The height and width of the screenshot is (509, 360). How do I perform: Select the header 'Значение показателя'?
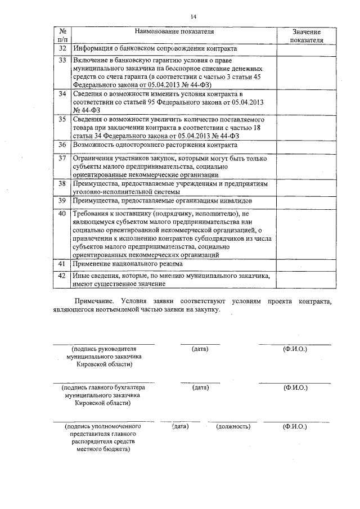click(x=306, y=35)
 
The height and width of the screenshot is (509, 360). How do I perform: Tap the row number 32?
click(x=63, y=49)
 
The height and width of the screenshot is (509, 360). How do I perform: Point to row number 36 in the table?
click(x=63, y=145)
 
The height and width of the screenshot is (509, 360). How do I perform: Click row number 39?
click(x=63, y=201)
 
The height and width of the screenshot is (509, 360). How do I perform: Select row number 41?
click(x=63, y=264)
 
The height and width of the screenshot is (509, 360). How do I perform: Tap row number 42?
click(x=63, y=276)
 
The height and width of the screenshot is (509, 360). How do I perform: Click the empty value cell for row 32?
click(x=306, y=49)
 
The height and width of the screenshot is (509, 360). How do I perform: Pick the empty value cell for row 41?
click(x=306, y=264)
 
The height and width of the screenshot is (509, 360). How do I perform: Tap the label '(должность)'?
click(x=233, y=427)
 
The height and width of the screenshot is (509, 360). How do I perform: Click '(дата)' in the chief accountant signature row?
click(x=200, y=388)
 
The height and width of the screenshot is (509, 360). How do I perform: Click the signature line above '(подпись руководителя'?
click(x=103, y=344)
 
